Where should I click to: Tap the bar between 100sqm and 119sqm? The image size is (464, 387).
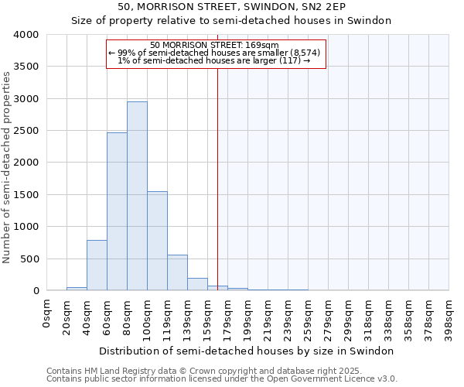coord(157,241)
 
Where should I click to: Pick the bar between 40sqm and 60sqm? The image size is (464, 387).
coord(97,265)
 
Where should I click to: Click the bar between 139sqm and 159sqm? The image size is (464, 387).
coord(197,284)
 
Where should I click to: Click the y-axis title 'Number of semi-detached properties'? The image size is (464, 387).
coord(8,167)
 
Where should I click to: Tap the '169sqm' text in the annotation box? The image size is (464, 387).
coord(261,45)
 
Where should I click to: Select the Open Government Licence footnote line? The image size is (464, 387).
coord(222,379)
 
